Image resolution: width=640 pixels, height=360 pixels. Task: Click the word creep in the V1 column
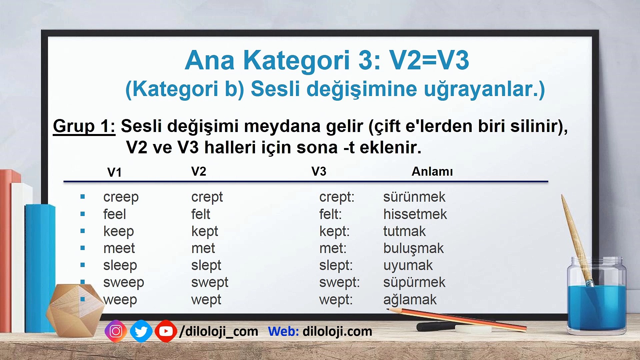[121, 197]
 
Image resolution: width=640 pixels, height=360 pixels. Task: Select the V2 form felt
[201, 214]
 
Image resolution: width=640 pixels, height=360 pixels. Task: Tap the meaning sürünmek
[414, 197]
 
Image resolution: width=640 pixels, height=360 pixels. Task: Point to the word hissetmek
[415, 214]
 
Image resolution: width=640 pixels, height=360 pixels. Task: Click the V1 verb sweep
[124, 283]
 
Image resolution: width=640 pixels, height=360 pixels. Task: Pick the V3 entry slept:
[336, 266]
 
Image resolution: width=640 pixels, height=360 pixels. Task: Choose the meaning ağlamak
[410, 300]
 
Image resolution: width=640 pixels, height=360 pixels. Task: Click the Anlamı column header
[432, 171]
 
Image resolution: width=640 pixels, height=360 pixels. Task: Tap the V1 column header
[114, 172]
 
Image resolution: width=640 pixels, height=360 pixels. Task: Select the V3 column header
[319, 171]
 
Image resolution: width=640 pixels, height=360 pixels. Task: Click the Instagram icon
[116, 331]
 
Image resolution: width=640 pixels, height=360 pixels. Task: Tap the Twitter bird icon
[141, 331]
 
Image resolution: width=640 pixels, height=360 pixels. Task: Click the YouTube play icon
[166, 331]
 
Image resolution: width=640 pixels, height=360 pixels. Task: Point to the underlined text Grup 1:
[84, 126]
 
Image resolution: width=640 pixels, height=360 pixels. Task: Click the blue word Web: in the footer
[283, 331]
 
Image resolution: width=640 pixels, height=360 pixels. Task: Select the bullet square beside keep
[83, 231]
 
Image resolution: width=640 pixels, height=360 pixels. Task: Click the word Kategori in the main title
[296, 61]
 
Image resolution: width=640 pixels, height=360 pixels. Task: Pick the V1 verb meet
[119, 248]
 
